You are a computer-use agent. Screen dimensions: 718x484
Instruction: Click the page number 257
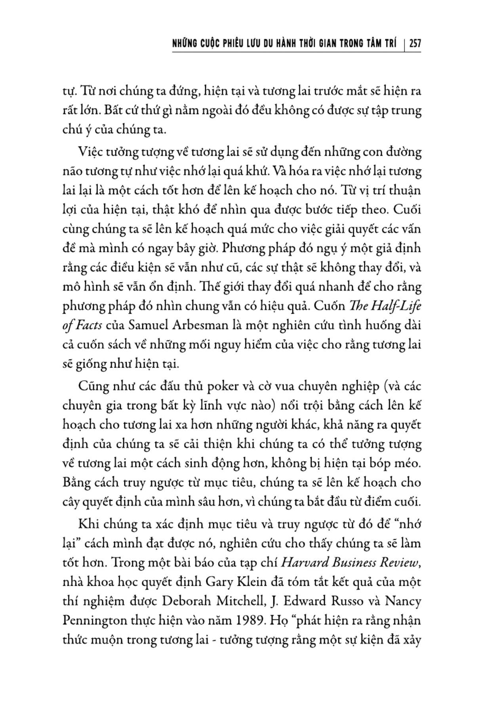coord(415,44)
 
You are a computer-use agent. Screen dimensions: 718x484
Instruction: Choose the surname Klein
coord(254,582)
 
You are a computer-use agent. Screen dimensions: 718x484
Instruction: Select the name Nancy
coord(404,601)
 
